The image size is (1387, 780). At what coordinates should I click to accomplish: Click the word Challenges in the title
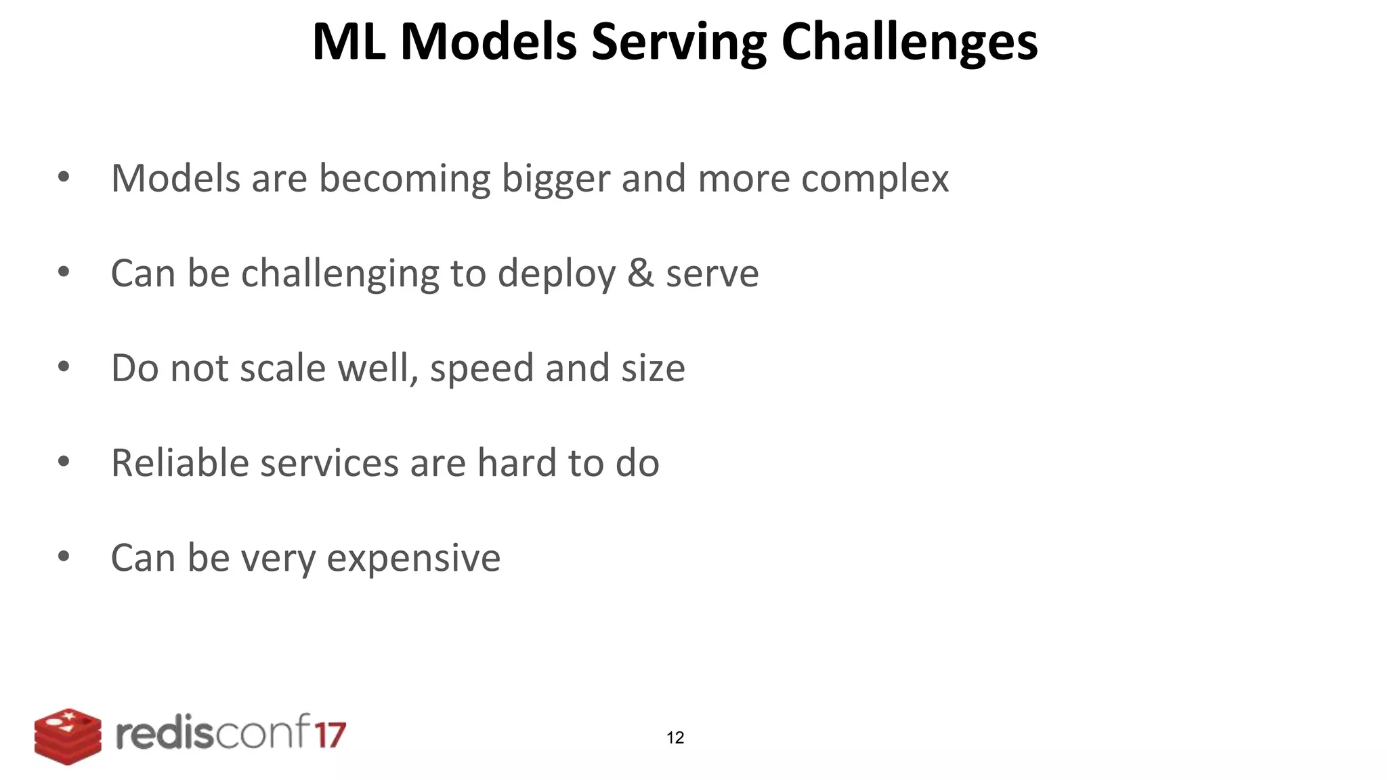coord(909,43)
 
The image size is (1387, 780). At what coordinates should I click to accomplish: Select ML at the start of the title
coord(349,43)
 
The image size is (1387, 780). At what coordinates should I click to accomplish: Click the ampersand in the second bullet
coord(640,274)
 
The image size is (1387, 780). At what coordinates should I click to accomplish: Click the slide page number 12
coord(675,738)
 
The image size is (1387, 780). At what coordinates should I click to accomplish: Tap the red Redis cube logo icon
coord(68,737)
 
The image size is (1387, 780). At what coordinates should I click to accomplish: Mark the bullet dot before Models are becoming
coord(64,177)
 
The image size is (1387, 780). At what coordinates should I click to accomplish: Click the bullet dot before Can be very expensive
coord(64,557)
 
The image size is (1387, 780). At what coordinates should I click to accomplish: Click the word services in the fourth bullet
coord(329,463)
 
